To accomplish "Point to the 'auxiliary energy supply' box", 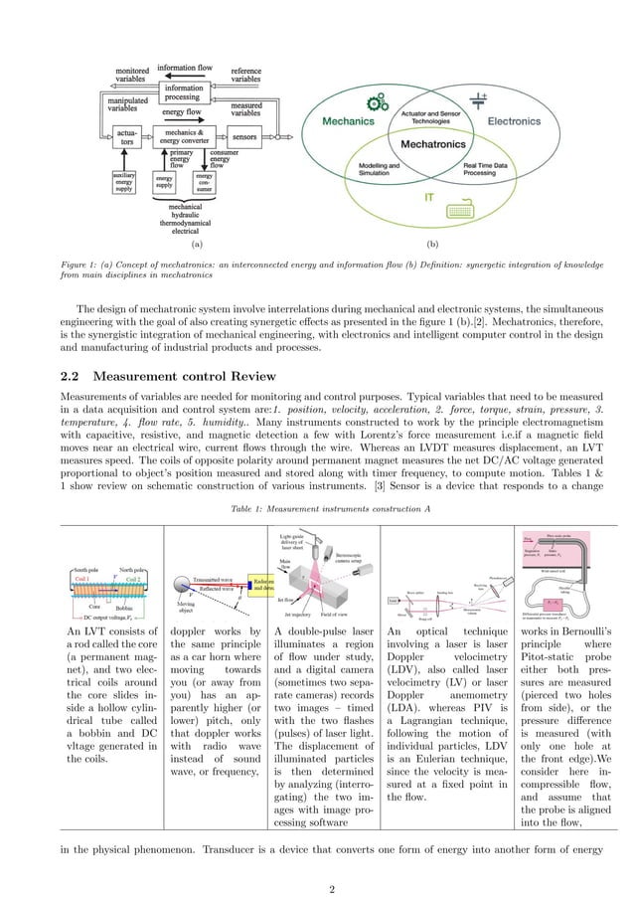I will (x=123, y=183).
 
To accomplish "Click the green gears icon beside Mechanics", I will (x=377, y=102).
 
